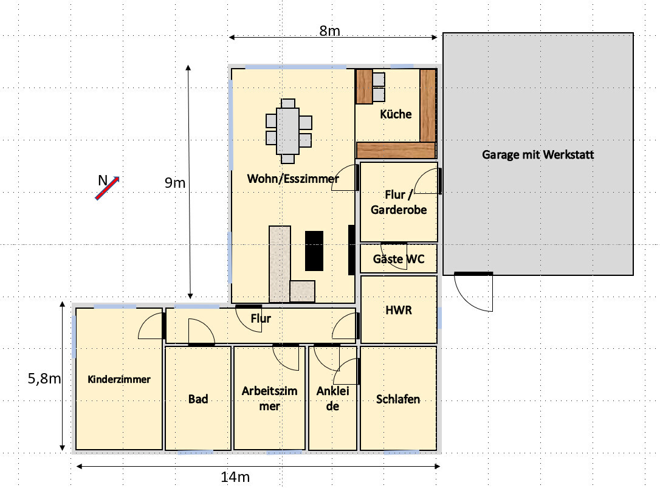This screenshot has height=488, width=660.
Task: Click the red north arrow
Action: [108, 188]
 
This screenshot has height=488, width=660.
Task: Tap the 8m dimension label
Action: [329, 30]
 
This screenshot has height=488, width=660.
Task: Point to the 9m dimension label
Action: [175, 183]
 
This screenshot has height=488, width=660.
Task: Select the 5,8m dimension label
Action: [44, 379]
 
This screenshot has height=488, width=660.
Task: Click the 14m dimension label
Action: [235, 477]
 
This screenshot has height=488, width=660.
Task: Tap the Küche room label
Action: [396, 114]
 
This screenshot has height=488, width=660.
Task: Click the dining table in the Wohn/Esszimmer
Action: [288, 131]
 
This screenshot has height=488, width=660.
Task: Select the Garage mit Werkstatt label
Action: [538, 154]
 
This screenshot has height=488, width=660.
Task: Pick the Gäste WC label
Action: [399, 259]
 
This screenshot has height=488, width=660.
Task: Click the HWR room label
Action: [399, 311]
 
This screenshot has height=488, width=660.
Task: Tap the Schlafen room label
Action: [398, 399]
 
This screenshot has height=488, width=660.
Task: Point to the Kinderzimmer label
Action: [119, 379]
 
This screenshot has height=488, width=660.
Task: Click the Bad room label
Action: [198, 399]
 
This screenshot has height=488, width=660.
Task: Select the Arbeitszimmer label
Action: [269, 398]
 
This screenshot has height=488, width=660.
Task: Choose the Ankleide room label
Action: [332, 398]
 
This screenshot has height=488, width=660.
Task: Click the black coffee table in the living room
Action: [314, 251]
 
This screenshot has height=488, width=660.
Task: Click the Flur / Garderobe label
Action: [399, 202]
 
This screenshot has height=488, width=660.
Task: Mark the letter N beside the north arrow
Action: [103, 180]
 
